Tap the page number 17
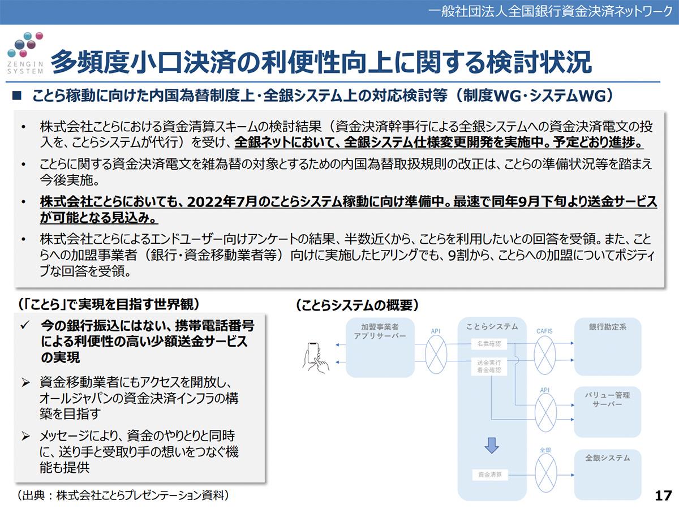point(663,496)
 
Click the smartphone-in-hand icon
point(315,356)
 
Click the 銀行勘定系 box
point(607,347)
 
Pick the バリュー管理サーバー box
point(607,411)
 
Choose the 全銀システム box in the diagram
point(607,473)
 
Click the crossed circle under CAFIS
point(545,354)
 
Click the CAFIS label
point(544,331)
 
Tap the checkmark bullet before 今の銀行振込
point(24,326)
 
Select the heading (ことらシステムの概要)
point(356,306)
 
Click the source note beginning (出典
point(123,495)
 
